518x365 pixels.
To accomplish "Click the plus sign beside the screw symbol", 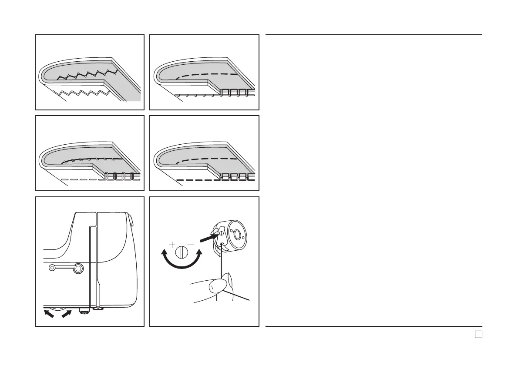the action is [172, 245].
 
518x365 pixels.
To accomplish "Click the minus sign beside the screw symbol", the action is [191, 245].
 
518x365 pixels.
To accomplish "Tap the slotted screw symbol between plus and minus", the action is [182, 253].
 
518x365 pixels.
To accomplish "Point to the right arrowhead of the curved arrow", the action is [199, 253].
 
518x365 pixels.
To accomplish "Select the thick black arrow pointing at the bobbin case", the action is [208, 237].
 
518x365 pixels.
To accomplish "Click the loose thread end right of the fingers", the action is [242, 298].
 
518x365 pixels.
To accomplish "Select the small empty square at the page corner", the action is [478, 334].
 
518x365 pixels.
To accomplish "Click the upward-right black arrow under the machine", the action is [66, 312].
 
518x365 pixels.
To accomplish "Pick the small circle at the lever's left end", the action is [52, 269].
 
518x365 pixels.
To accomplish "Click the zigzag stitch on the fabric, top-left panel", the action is [87, 74].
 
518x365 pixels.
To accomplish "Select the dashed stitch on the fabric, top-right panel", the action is [205, 75].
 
